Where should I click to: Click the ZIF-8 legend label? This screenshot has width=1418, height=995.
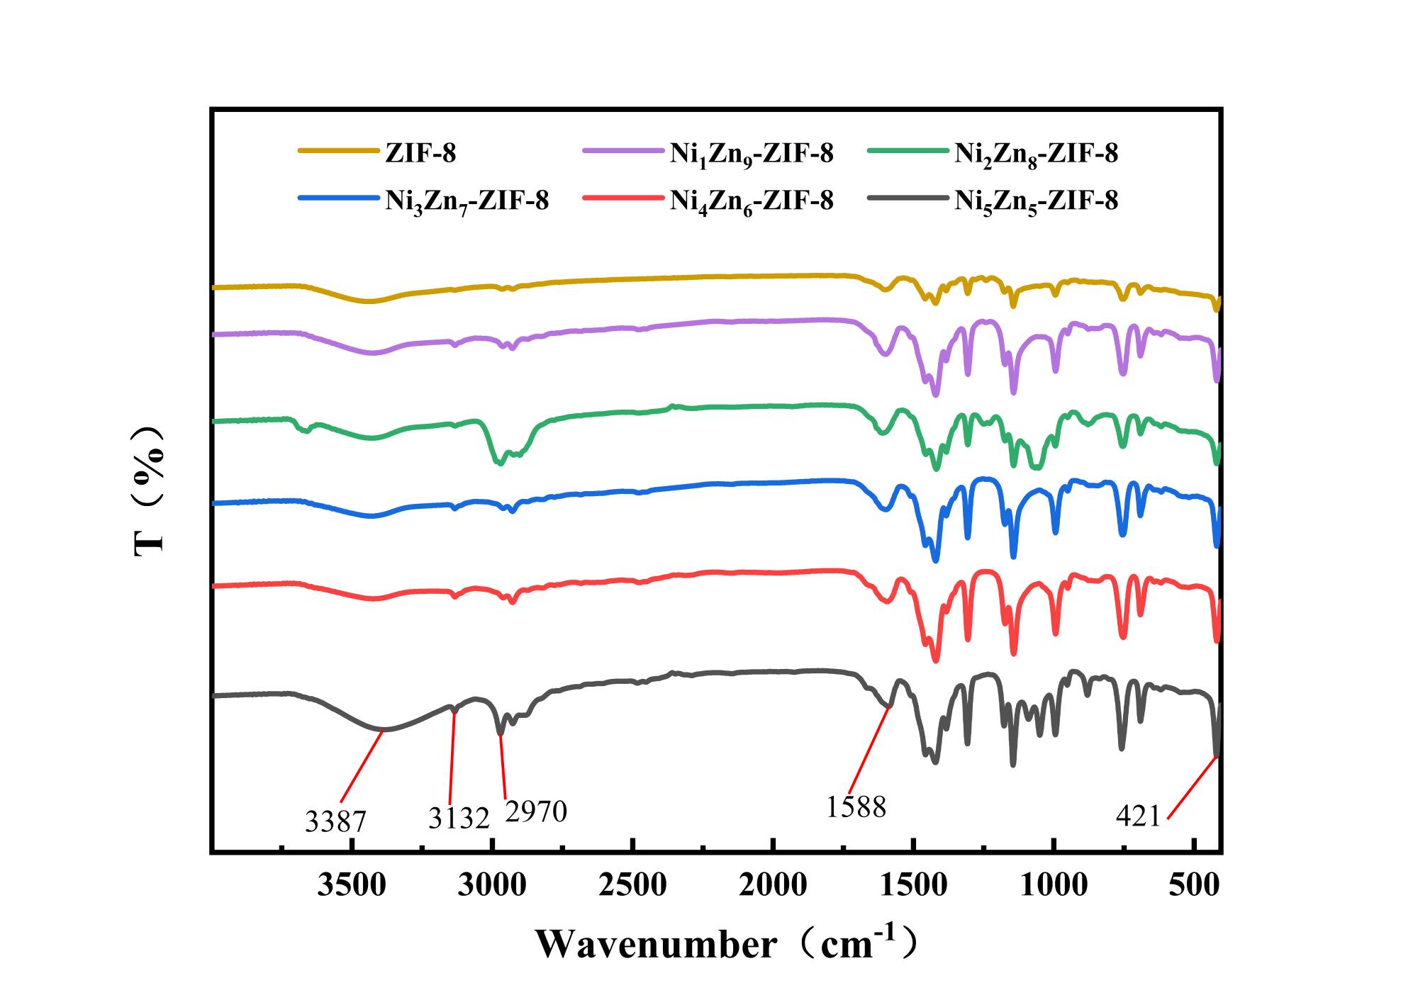tap(420, 153)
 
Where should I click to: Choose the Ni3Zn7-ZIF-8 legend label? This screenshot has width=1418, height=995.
tap(467, 202)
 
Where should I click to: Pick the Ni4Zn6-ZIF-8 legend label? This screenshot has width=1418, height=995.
tap(752, 202)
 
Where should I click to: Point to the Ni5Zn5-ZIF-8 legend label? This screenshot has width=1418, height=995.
tap(1036, 202)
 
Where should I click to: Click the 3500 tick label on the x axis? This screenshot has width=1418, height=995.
tap(351, 885)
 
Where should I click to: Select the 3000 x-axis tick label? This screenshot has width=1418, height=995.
tap(491, 885)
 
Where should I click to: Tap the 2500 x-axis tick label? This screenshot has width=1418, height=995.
tap(632, 885)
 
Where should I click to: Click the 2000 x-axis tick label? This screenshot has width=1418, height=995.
tap(773, 885)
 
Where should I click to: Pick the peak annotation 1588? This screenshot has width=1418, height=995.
tap(856, 807)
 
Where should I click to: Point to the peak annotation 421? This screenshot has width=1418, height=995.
tap(1138, 817)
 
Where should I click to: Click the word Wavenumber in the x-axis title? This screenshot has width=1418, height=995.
tap(656, 945)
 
